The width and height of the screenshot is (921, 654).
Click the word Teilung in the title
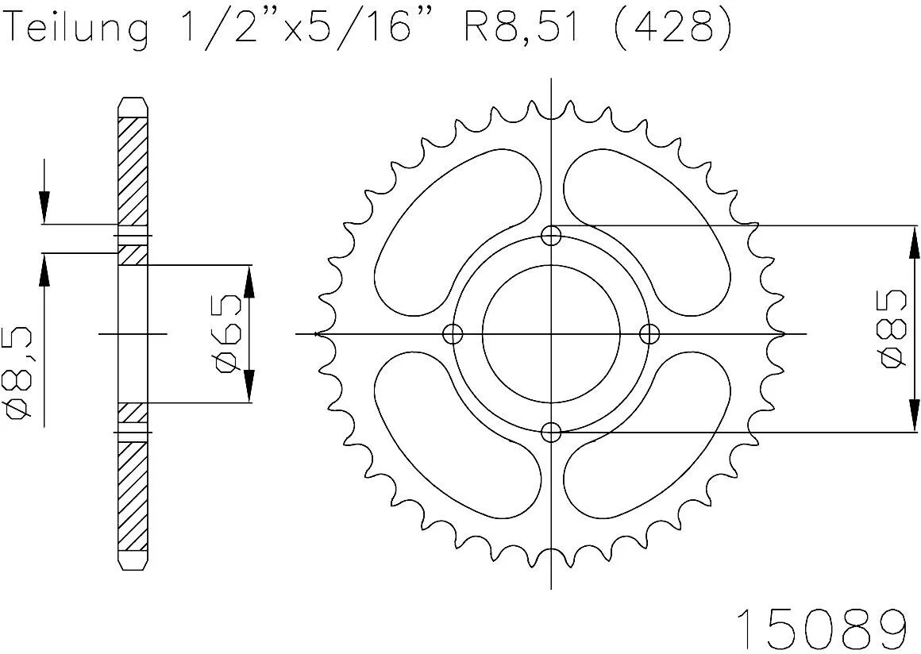click(x=77, y=29)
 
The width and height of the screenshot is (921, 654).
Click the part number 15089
click(x=821, y=629)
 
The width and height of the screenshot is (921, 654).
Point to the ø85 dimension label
click(x=892, y=329)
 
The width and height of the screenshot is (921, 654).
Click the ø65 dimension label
click(x=227, y=333)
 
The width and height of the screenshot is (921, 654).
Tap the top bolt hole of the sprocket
click(x=551, y=235)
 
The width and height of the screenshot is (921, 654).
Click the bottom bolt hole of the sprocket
click(x=551, y=432)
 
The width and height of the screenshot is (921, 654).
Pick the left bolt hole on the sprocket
click(x=453, y=333)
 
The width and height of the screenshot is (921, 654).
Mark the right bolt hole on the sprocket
click(x=649, y=333)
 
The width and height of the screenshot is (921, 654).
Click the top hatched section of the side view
click(x=133, y=171)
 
